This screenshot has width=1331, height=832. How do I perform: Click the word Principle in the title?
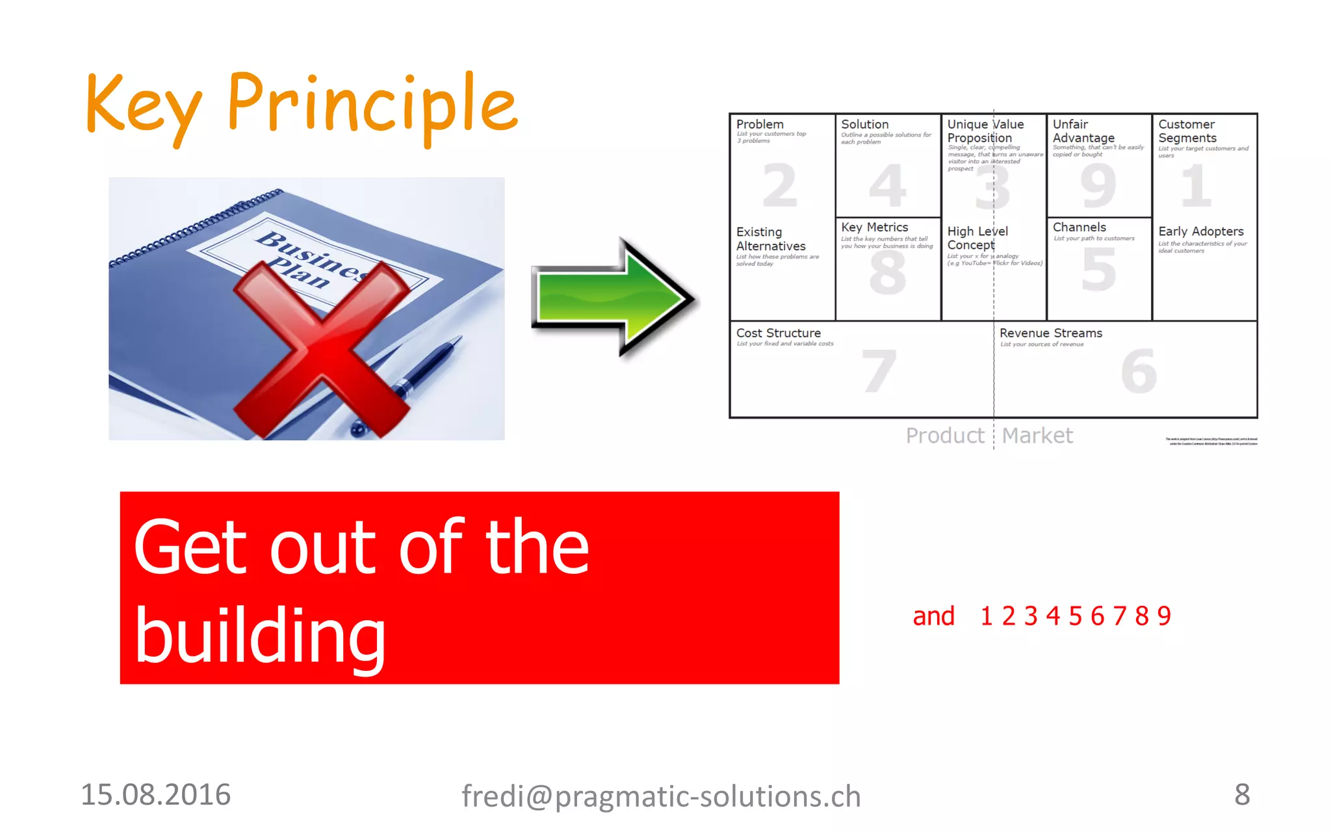coord(372,104)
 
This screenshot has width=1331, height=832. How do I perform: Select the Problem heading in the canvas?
coord(760,124)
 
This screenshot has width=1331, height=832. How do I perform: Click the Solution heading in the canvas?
coord(864,124)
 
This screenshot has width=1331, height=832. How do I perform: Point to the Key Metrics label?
coord(874,227)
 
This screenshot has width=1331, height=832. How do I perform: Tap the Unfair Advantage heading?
coord(1083,131)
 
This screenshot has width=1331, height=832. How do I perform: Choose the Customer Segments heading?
coord(1187,131)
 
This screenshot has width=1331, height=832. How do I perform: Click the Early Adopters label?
coord(1200,231)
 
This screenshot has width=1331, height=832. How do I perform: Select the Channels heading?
coord(1079,227)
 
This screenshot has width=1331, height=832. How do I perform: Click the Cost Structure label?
coord(778,333)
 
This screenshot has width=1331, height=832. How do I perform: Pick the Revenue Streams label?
coord(1050,333)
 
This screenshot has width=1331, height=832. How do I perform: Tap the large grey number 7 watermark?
coord(879,371)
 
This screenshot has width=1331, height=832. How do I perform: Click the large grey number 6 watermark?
coord(1139,371)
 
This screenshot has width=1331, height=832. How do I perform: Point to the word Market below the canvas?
coord(1037,435)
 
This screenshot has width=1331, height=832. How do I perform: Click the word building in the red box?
coord(260,636)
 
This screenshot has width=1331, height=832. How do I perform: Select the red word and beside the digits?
coord(933,616)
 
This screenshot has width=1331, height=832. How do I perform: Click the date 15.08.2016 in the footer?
coord(155,795)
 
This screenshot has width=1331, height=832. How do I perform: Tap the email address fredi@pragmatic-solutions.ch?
coord(661,796)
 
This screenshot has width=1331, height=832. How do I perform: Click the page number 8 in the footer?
coord(1242,794)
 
